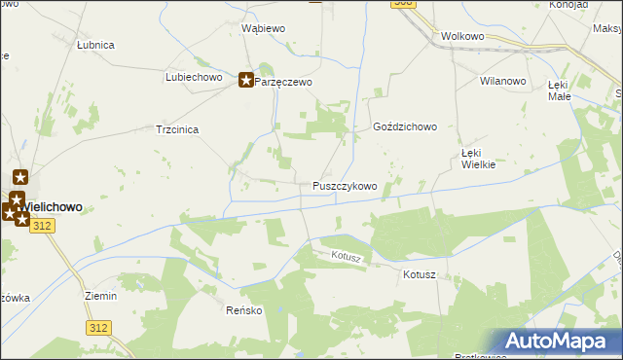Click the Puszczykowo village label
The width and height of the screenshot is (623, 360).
(345, 186)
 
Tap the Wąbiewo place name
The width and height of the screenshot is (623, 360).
(263, 29)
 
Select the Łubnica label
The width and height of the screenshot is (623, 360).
(96, 45)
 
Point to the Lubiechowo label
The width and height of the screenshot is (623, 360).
(195, 77)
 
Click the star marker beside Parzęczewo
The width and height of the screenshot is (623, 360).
(246, 82)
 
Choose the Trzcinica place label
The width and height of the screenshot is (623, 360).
(178, 129)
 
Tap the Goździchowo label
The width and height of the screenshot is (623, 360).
(405, 127)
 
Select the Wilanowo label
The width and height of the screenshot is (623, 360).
(503, 82)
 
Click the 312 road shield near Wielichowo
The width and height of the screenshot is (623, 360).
(41, 226)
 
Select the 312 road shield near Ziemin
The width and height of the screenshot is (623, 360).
(96, 328)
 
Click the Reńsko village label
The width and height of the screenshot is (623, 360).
(244, 311)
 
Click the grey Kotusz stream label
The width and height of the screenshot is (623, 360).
(346, 257)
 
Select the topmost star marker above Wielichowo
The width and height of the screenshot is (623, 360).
(20, 178)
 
